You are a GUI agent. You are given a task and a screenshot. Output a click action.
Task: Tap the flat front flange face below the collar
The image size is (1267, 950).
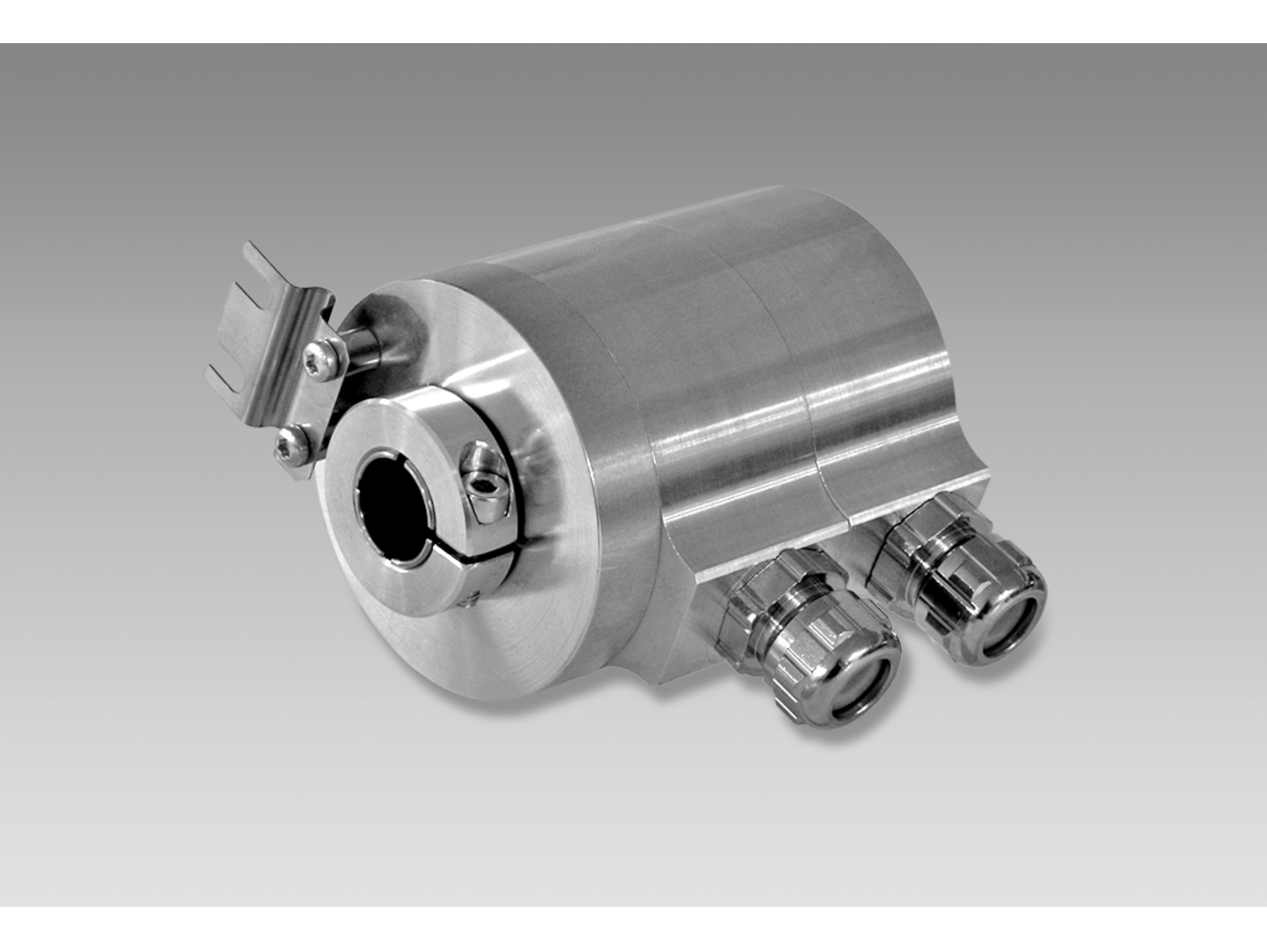coord(493,651)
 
